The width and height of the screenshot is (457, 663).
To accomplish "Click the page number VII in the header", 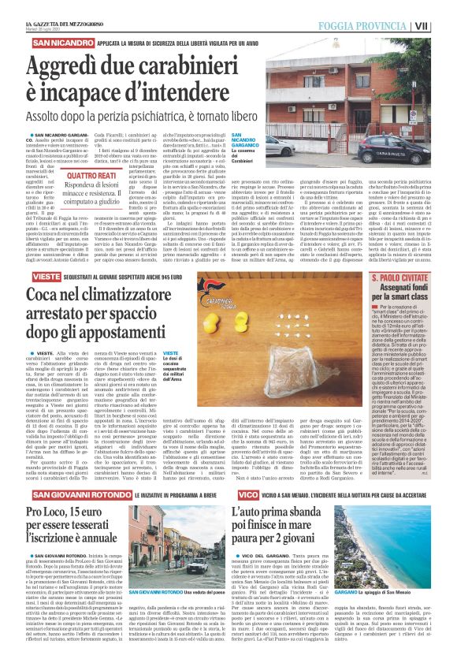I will pyautogui.click(x=444, y=25).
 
